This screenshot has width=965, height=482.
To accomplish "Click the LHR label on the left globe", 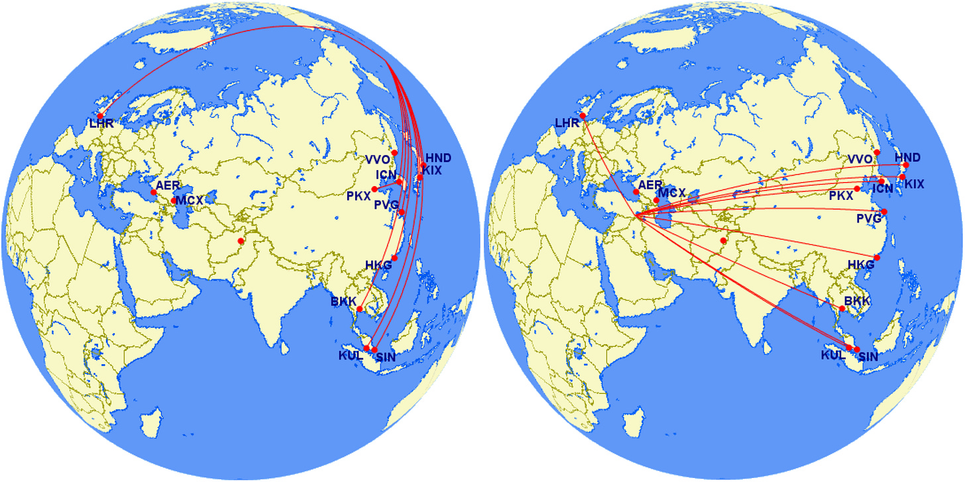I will (x=103, y=124).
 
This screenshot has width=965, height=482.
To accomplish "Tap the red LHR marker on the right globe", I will (x=583, y=116).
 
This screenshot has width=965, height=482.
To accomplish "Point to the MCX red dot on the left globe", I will (x=174, y=200).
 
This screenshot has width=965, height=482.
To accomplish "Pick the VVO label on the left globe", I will (x=377, y=159).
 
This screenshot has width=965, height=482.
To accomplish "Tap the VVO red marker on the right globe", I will (x=877, y=152).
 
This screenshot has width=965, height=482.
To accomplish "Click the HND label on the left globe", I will (x=437, y=158).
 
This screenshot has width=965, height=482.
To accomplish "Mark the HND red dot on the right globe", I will (x=906, y=165).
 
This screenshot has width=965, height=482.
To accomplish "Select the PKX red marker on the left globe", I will (x=374, y=189).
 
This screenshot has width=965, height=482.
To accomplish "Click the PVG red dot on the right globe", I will (x=884, y=211).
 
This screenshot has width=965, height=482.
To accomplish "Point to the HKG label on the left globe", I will (x=378, y=265).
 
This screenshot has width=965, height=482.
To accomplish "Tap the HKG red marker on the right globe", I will (x=877, y=258).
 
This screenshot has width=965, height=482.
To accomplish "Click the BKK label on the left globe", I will (x=343, y=303).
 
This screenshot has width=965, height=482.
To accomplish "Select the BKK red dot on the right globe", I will (x=842, y=309).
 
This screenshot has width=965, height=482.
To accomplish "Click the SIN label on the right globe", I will (x=868, y=357).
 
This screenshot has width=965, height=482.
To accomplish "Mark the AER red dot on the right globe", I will (x=636, y=192).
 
